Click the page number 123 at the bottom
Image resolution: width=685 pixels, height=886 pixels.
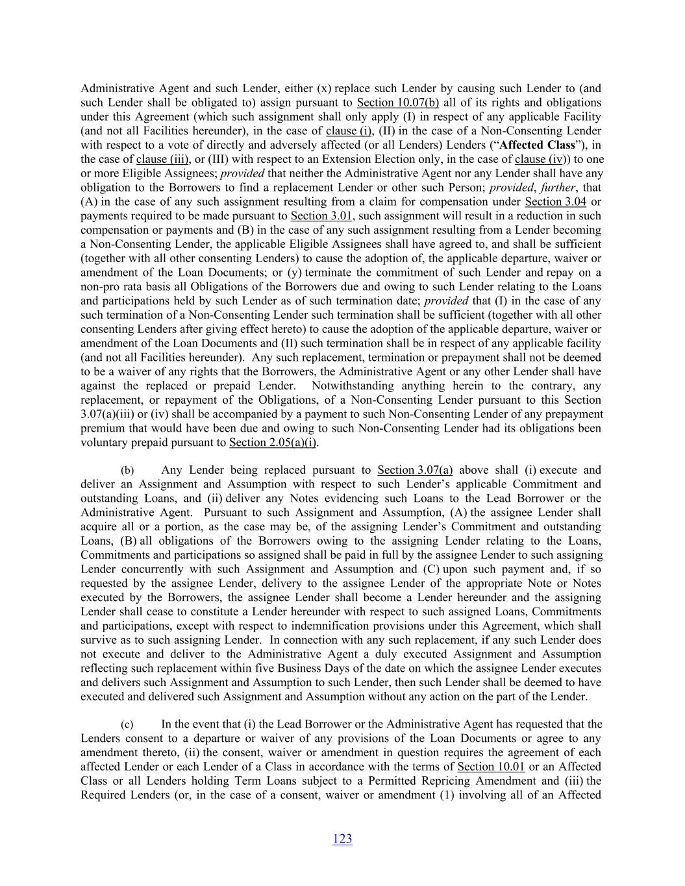pyautogui.click(x=342, y=839)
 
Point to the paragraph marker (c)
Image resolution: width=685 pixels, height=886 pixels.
pyautogui.click(x=127, y=724)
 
